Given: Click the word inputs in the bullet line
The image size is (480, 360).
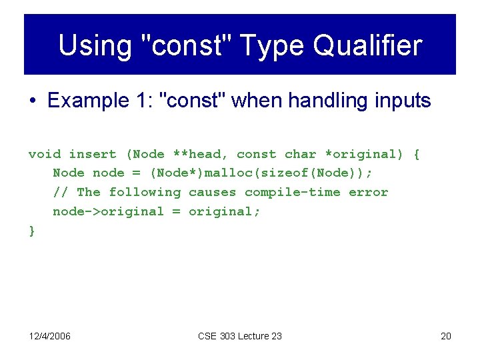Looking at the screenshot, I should [x=401, y=101].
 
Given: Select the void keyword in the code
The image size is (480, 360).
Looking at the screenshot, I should [x=44, y=154].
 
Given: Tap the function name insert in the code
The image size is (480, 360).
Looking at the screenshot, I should [x=93, y=154].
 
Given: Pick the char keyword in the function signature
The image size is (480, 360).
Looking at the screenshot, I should [x=300, y=154].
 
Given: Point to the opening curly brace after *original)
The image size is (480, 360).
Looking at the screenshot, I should [x=417, y=154].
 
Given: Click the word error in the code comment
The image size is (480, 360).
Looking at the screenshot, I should [x=368, y=192].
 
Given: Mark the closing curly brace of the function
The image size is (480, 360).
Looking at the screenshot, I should [x=32, y=231].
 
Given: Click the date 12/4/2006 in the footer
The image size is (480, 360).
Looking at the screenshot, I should [x=49, y=336].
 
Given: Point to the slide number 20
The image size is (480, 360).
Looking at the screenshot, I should [x=446, y=336].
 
